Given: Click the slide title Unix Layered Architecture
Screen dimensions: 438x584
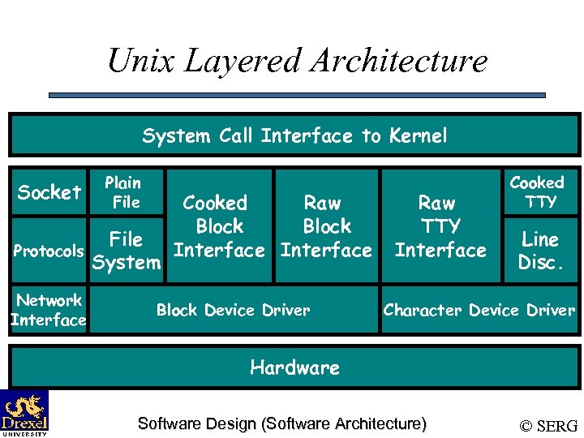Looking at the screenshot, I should pyautogui.click(x=297, y=60).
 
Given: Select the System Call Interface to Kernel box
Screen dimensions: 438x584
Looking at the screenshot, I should pyautogui.click(x=294, y=135).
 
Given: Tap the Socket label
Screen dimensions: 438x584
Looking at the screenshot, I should pyautogui.click(x=49, y=192).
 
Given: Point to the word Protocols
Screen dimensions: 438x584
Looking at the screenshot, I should pyautogui.click(x=49, y=251).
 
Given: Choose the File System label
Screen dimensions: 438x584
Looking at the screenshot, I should pyautogui.click(x=127, y=251).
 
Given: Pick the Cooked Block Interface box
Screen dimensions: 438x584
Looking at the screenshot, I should pyautogui.click(x=219, y=226).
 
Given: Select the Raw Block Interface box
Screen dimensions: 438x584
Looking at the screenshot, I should pyautogui.click(x=326, y=226).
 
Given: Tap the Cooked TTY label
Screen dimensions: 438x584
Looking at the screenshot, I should pyautogui.click(x=537, y=192).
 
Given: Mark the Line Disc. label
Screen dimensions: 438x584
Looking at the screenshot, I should pyautogui.click(x=539, y=251).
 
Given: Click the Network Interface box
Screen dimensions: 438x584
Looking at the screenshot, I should pyautogui.click(x=49, y=310).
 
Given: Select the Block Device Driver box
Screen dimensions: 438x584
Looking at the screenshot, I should pyautogui.click(x=233, y=310).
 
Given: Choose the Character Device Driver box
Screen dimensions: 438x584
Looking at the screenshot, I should pyautogui.click(x=479, y=310).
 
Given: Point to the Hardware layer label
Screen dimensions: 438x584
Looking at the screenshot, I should pyautogui.click(x=294, y=367).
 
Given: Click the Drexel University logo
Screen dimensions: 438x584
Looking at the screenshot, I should pyautogui.click(x=24, y=413).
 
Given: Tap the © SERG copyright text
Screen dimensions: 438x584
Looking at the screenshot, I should pyautogui.click(x=548, y=425).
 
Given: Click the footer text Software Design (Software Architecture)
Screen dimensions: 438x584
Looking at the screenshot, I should pyautogui.click(x=281, y=423).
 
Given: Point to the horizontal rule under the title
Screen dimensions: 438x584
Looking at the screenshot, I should pyautogui.click(x=296, y=95).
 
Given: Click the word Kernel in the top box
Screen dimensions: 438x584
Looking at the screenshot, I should pyautogui.click(x=417, y=135).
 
